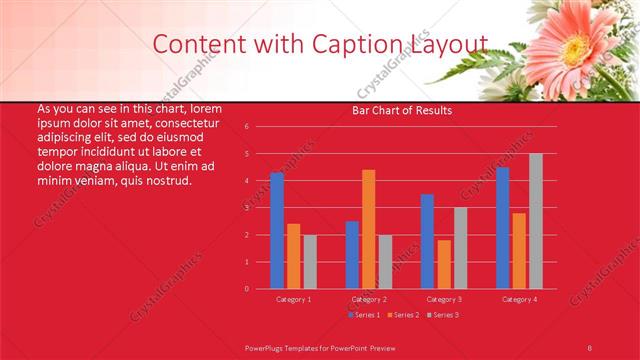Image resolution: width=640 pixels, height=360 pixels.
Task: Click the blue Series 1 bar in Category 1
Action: [x=277, y=230]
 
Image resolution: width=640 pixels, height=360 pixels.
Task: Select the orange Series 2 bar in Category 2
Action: [x=369, y=229]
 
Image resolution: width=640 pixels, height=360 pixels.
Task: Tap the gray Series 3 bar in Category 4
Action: [x=536, y=221]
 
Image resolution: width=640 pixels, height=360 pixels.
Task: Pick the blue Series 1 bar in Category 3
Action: [x=427, y=241]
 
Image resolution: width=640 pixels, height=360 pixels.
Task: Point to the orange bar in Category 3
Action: [x=444, y=264]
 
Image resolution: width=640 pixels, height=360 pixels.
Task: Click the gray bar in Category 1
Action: [x=310, y=262]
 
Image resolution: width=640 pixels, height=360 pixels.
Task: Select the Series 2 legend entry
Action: [x=403, y=315]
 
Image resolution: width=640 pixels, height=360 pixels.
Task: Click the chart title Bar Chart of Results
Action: [x=402, y=110]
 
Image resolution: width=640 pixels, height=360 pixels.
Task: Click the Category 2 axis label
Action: [x=369, y=299]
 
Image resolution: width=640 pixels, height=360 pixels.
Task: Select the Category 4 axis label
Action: [x=519, y=299]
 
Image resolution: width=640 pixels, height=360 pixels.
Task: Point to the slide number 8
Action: [x=589, y=347]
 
